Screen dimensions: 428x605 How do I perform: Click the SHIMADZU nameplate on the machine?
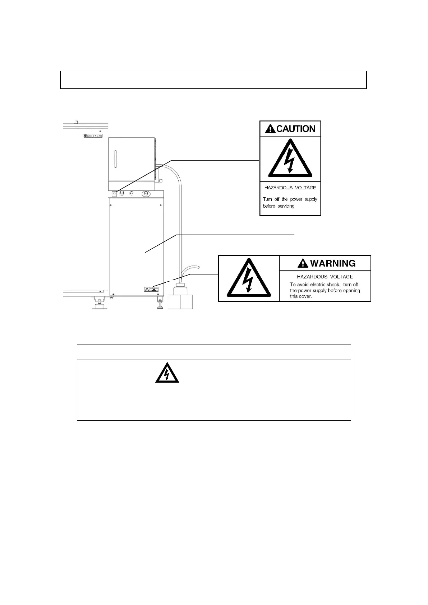click(93, 136)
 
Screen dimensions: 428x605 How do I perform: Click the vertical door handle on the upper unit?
click(115, 160)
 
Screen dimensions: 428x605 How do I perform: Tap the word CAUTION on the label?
click(296, 129)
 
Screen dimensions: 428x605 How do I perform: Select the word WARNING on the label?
click(332, 263)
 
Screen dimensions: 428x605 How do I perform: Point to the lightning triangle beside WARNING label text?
click(249, 278)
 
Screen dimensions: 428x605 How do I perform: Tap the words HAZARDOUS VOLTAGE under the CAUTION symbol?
click(290, 188)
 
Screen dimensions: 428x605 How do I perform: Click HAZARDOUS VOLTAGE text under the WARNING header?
click(325, 277)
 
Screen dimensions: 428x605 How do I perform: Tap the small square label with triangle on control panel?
click(114, 193)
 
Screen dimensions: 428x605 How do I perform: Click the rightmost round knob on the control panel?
click(146, 193)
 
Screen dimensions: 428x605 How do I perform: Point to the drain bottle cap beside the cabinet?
click(180, 285)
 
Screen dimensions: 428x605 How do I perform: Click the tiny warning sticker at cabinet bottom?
click(151, 289)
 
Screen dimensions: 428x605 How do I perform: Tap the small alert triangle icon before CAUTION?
click(270, 129)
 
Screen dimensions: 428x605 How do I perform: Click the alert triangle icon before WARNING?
click(303, 264)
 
